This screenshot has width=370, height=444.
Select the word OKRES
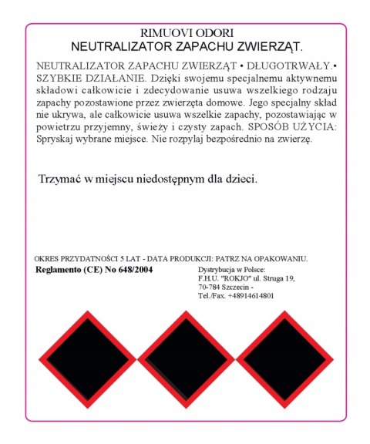(48, 260)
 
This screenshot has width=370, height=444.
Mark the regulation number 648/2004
(146, 271)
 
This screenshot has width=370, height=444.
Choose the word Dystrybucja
(220, 271)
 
